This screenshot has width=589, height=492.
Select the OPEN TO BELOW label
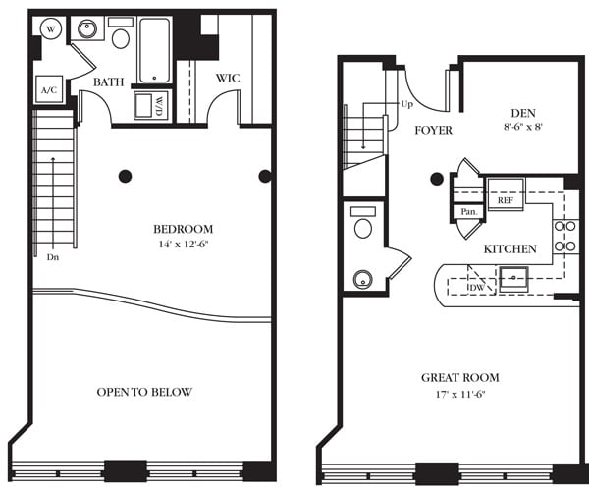click(144, 392)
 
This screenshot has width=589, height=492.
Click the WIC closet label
click(227, 77)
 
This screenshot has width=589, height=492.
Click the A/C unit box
click(47, 90)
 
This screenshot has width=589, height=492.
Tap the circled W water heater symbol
click(48, 28)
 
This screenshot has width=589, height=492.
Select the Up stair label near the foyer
click(406, 103)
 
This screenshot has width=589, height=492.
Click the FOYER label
click(433, 129)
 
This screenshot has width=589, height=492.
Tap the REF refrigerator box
click(506, 199)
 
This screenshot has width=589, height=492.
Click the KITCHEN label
click(509, 248)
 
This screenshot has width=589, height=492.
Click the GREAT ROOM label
click(459, 377)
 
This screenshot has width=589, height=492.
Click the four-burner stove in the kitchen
click(565, 236)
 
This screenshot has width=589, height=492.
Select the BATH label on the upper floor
click(108, 82)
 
